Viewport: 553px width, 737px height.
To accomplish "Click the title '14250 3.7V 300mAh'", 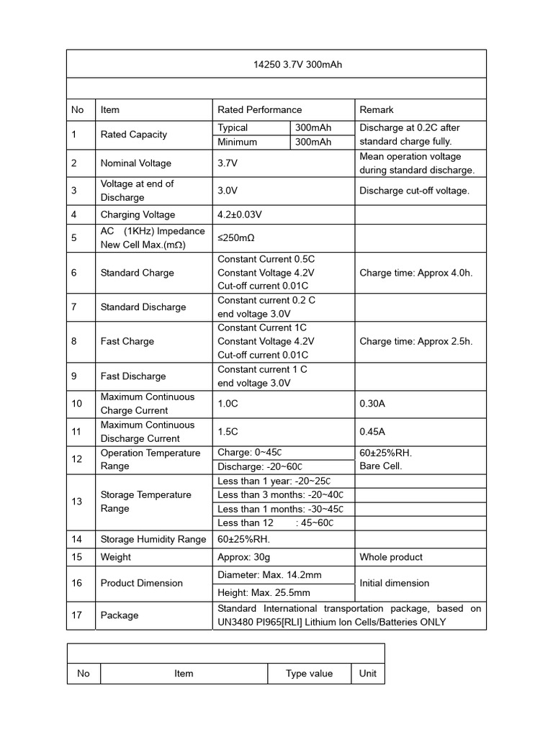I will pos(297,65).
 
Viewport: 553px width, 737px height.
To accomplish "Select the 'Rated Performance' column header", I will pos(259,110).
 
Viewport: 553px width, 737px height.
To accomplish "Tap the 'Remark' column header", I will pos(377,110).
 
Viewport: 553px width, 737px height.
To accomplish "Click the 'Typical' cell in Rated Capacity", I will pos(233,127).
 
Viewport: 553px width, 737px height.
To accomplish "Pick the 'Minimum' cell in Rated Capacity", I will pos(237,142).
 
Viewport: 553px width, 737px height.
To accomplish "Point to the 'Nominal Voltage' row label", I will pos(135,163).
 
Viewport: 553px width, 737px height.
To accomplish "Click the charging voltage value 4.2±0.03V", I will pos(240,214).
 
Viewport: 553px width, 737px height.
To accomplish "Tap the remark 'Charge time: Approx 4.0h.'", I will pos(415,273).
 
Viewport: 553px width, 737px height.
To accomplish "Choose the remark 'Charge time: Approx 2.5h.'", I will pos(415,341).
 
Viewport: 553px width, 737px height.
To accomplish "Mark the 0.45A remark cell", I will pos(372,432).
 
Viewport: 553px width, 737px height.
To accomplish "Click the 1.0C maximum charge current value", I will pos(228,404).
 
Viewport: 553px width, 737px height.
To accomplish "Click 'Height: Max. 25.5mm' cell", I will pos(264,593).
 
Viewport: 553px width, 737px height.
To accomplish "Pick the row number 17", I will pos(77,615).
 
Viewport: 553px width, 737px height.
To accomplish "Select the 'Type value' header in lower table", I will pos(309,674).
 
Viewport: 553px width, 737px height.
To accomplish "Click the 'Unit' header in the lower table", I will pos(367,674).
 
